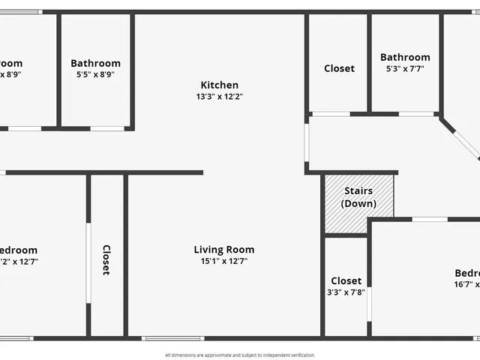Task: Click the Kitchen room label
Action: click(x=219, y=85)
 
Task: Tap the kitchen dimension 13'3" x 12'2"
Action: click(x=219, y=96)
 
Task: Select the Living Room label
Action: click(x=223, y=250)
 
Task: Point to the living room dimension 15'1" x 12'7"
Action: click(x=223, y=261)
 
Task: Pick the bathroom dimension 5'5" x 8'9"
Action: click(x=95, y=75)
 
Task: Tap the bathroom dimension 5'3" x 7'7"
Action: click(x=405, y=68)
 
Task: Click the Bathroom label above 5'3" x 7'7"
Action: click(x=405, y=57)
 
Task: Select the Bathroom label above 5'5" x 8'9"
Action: click(x=95, y=64)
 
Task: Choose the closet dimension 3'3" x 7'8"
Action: click(x=346, y=292)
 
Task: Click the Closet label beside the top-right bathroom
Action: click(x=339, y=68)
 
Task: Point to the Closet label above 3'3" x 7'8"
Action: click(x=346, y=280)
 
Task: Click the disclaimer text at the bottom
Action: click(x=240, y=355)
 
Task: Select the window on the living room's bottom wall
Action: click(x=163, y=337)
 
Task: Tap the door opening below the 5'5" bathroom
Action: click(x=107, y=128)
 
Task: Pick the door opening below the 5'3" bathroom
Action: click(x=417, y=114)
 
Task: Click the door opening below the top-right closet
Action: click(x=331, y=114)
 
